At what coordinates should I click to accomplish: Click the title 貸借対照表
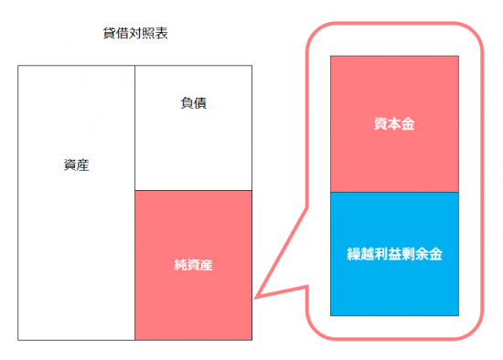(135, 33)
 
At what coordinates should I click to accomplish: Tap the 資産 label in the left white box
(76, 165)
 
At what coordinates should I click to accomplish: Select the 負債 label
(194, 103)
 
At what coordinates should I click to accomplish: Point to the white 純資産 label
(194, 265)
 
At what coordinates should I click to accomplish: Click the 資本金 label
(394, 124)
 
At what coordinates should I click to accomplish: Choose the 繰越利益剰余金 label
(394, 254)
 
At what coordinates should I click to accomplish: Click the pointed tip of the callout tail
(254, 298)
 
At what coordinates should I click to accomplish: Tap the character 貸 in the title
(110, 33)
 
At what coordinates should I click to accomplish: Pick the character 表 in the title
(162, 33)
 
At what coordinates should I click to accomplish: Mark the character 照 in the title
(148, 33)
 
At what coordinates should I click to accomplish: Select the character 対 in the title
(135, 33)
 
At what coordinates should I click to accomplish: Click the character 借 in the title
(123, 33)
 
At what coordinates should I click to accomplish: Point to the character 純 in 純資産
(180, 265)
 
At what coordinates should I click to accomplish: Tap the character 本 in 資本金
(394, 124)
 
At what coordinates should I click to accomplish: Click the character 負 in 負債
(187, 103)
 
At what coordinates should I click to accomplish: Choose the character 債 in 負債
(200, 103)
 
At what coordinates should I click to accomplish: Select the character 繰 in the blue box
(354, 254)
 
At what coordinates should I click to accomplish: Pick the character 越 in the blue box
(368, 254)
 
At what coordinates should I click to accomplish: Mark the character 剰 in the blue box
(408, 254)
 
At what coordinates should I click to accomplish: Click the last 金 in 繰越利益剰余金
(435, 254)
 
